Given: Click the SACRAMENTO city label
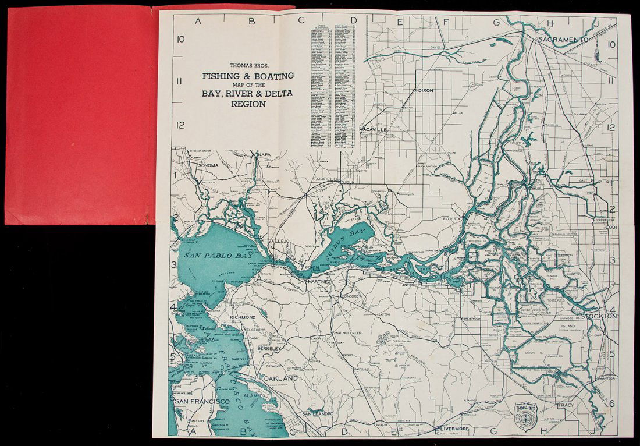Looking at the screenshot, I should point(563,40).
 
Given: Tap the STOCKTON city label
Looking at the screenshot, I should point(603,316).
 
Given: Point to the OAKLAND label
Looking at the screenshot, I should point(280,378).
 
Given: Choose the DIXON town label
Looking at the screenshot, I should point(425,91).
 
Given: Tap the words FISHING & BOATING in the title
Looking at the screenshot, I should point(247,76).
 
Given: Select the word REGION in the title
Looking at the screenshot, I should point(247,105).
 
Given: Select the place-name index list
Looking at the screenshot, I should point(333,87).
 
